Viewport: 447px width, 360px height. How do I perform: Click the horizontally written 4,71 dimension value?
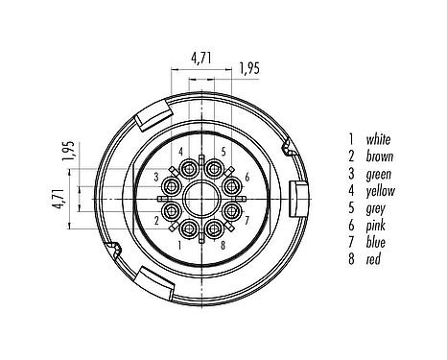[201, 58]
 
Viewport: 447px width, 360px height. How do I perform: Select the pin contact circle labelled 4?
[184, 165]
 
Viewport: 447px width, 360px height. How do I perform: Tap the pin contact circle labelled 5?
[218, 165]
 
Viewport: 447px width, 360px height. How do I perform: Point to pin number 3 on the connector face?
[156, 179]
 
